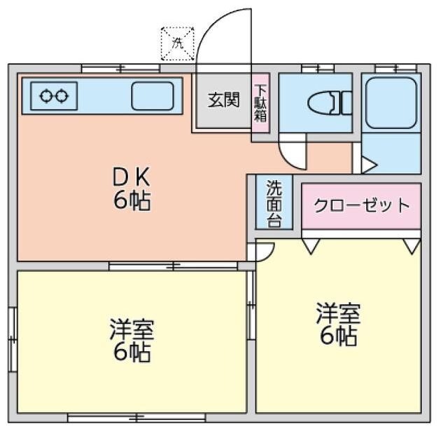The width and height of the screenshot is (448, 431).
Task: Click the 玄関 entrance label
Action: coord(223,100)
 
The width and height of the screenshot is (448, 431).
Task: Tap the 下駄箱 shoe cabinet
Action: coord(260,102)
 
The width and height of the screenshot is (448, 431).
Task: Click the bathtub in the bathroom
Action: coord(391,101)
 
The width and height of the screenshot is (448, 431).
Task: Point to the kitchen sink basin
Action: coord(152,95)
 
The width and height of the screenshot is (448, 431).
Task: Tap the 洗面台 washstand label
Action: coord(274,203)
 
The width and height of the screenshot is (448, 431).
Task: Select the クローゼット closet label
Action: coord(361,205)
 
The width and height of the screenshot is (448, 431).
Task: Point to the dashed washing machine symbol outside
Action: coord(177,41)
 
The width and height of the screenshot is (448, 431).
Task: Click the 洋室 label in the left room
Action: coord(132,328)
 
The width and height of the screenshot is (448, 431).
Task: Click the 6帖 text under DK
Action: coord(132,201)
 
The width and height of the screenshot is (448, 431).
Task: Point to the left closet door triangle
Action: coord(310,246)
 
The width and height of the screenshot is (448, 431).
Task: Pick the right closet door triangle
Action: coord(412,246)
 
